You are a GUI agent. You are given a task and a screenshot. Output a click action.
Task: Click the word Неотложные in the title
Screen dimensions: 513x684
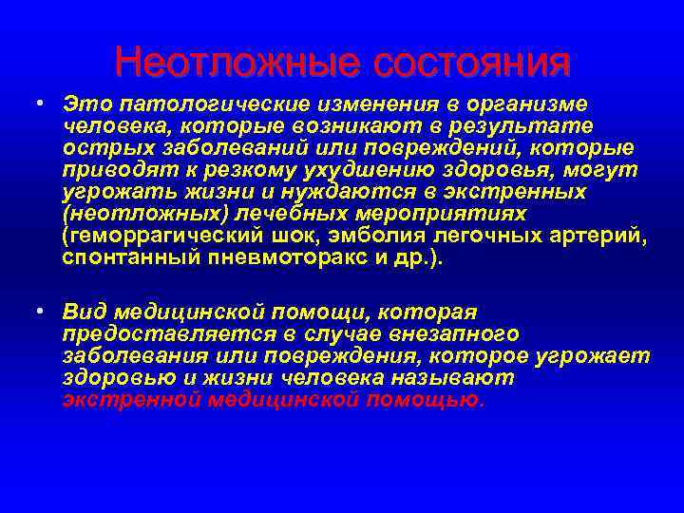pos(235,63)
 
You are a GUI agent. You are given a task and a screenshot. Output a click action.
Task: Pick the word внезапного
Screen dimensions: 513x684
pos(456,333)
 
